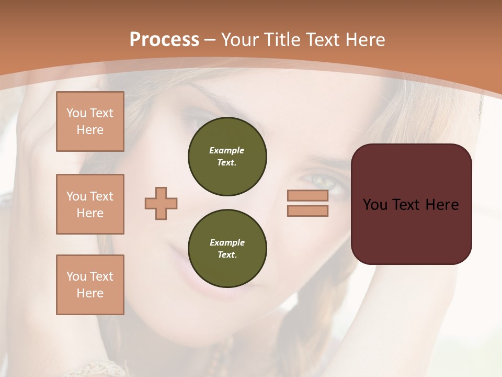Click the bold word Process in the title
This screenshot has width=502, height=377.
pyautogui.click(x=164, y=40)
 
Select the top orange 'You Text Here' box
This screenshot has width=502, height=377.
pyautogui.click(x=90, y=121)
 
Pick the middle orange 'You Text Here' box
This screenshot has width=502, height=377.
pyautogui.click(x=90, y=204)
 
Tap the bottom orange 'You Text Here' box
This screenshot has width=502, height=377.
pyautogui.click(x=90, y=285)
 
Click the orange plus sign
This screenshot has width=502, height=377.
pyautogui.click(x=161, y=203)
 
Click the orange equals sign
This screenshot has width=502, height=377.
pyautogui.click(x=307, y=203)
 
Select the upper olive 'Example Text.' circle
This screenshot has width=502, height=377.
pyautogui.click(x=227, y=157)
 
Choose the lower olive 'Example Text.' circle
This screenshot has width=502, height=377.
pyautogui.click(x=227, y=248)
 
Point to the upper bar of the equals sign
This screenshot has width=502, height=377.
pyautogui.click(x=307, y=195)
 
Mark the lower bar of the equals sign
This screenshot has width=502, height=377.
pyautogui.click(x=307, y=211)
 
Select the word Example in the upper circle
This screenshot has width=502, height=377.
pyautogui.click(x=227, y=150)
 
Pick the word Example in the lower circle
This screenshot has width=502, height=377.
pyautogui.click(x=227, y=242)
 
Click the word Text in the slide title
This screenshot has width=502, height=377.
pyautogui.click(x=323, y=40)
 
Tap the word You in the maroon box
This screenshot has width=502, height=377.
pyautogui.click(x=375, y=205)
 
